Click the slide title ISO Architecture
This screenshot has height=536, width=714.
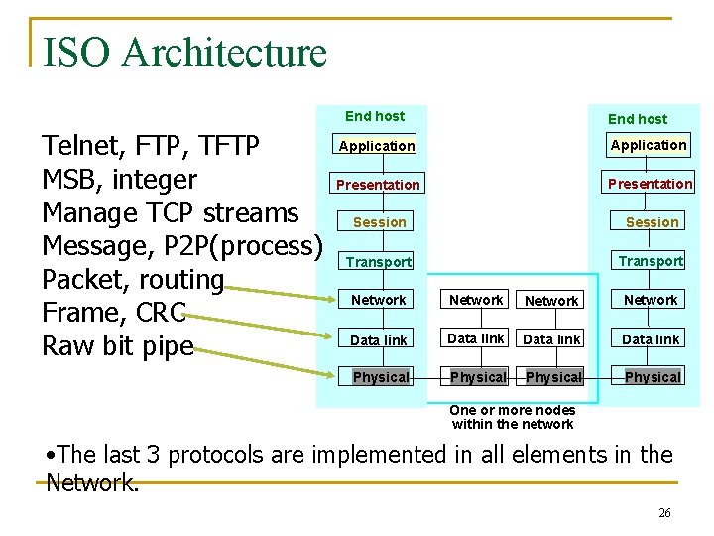pos(184,52)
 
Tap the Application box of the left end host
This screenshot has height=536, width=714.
pos(377,146)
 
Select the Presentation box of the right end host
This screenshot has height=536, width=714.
pos(650,184)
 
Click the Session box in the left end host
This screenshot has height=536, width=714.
pos(379,222)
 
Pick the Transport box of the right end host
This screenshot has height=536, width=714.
pos(650,261)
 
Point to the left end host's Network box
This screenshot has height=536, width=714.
pos(379,300)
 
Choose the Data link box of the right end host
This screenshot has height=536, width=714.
pos(650,339)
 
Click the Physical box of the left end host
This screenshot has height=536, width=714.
pos(381,377)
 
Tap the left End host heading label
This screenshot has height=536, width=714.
pos(374,116)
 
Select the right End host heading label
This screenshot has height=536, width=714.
pos(637,119)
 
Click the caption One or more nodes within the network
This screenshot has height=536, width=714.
pos(512,417)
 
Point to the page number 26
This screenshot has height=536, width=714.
pos(664,513)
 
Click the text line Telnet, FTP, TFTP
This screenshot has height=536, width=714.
pos(151,147)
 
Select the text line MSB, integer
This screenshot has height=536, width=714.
pos(119,180)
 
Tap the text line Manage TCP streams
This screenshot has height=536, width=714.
pos(170,213)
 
